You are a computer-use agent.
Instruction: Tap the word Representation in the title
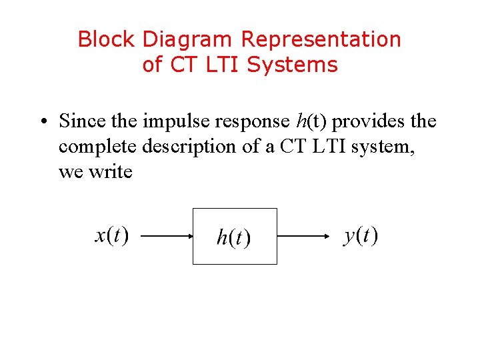[x=321, y=40]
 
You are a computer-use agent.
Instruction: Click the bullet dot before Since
[x=42, y=122]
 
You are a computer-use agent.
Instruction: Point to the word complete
[x=98, y=147]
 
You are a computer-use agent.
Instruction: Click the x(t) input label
[x=112, y=235]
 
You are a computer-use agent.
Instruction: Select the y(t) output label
[x=361, y=235]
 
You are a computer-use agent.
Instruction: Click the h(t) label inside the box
[x=233, y=238]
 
